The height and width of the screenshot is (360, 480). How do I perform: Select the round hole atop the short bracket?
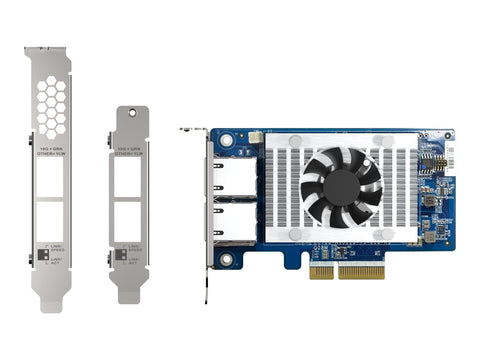click(x=129, y=113)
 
